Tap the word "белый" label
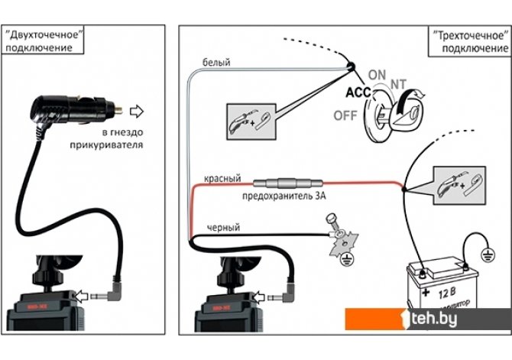pos(215,62)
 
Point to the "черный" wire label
pos(223,228)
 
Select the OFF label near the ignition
pos(345,115)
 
